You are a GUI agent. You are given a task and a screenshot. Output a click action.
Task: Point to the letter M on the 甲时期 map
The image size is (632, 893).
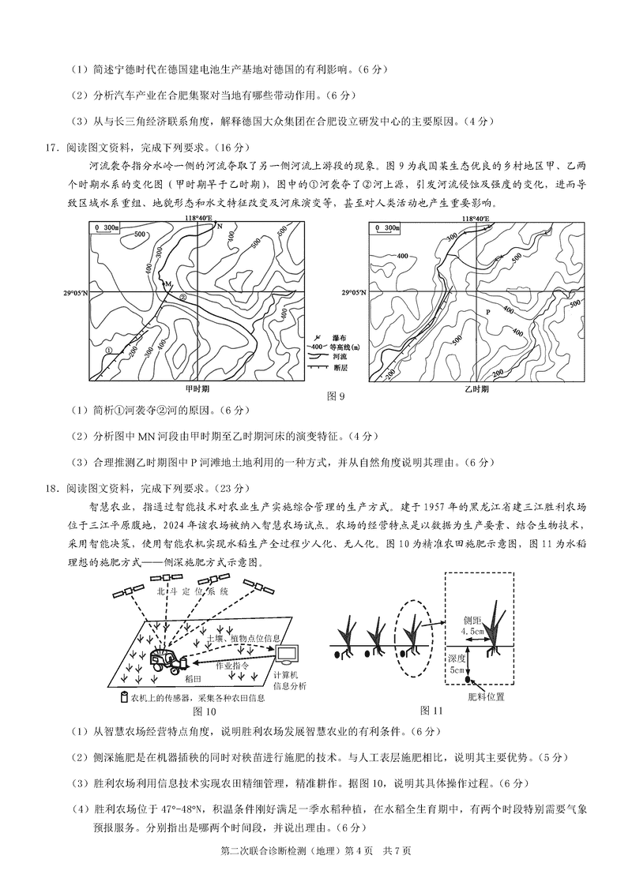tap(167, 283)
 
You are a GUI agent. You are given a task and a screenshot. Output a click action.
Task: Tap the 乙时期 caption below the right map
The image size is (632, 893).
tap(476, 389)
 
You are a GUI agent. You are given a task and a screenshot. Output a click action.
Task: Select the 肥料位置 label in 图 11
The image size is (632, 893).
tap(486, 696)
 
